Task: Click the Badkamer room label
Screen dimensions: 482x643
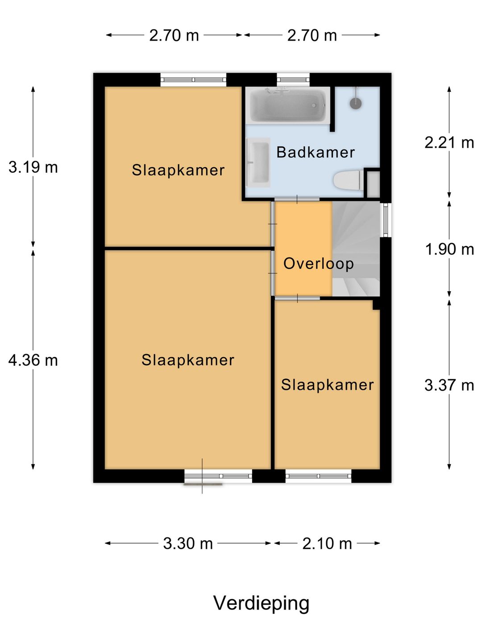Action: coord(316,152)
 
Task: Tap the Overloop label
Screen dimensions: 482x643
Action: coord(318,264)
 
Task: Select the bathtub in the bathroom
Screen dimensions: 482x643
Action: coord(288,105)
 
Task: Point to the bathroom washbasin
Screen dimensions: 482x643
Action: coord(258,162)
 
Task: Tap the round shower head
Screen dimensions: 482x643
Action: coord(356,103)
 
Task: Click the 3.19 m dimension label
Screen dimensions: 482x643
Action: coord(33,167)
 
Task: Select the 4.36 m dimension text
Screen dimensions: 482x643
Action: coord(33,360)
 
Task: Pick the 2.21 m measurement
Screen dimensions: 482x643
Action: coord(449,143)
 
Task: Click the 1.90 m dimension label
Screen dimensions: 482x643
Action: coord(449,250)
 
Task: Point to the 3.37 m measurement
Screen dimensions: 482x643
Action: coord(449,385)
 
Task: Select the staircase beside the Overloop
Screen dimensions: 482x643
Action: coord(356,249)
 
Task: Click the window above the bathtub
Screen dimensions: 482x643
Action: coord(293,79)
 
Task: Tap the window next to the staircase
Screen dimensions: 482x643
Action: coord(386,220)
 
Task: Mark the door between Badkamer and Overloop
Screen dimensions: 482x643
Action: coord(297,199)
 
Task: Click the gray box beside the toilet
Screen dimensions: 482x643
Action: coord(373,184)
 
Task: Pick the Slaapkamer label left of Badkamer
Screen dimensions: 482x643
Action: coord(178,170)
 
